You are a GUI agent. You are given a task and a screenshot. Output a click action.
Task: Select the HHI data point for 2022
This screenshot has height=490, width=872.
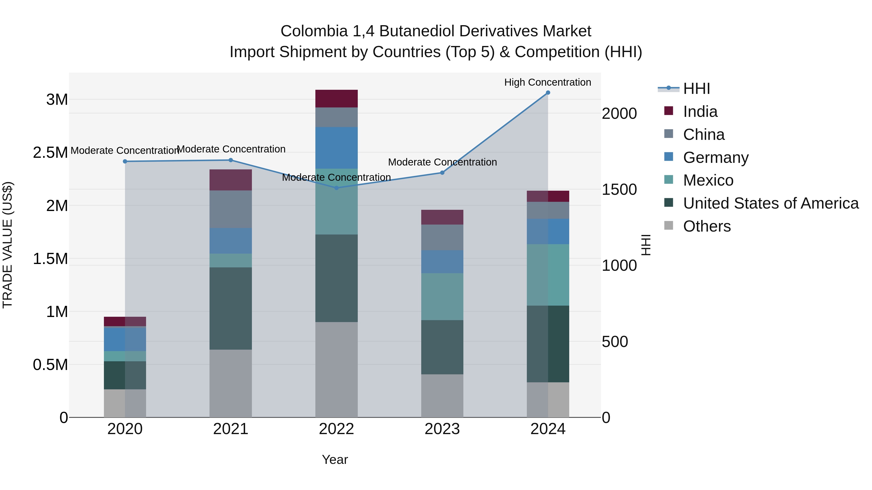(336, 188)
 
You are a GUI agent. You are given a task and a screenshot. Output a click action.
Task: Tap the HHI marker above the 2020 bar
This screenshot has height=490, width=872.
(125, 161)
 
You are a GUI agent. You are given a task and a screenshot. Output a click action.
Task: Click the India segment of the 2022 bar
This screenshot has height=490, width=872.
(336, 98)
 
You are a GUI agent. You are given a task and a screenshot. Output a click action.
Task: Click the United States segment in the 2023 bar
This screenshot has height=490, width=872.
(442, 347)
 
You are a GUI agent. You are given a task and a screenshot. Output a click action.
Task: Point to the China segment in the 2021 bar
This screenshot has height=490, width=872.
(231, 209)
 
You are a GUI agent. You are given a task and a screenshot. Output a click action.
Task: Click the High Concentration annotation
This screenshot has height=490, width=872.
(547, 82)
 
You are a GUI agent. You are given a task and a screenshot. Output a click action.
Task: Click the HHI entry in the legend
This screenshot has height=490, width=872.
(696, 89)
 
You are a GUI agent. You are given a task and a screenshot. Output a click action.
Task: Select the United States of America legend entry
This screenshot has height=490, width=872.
(771, 203)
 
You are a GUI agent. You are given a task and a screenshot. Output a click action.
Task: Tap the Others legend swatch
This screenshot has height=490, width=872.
(669, 226)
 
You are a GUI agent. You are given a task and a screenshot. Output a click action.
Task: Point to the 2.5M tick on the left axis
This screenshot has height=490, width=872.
(50, 152)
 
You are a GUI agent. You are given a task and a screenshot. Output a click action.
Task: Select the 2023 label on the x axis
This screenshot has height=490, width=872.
(442, 429)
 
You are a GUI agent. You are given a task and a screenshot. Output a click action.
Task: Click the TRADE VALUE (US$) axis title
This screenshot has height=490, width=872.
(8, 245)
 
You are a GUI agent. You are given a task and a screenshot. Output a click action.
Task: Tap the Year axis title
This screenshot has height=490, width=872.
(335, 460)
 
